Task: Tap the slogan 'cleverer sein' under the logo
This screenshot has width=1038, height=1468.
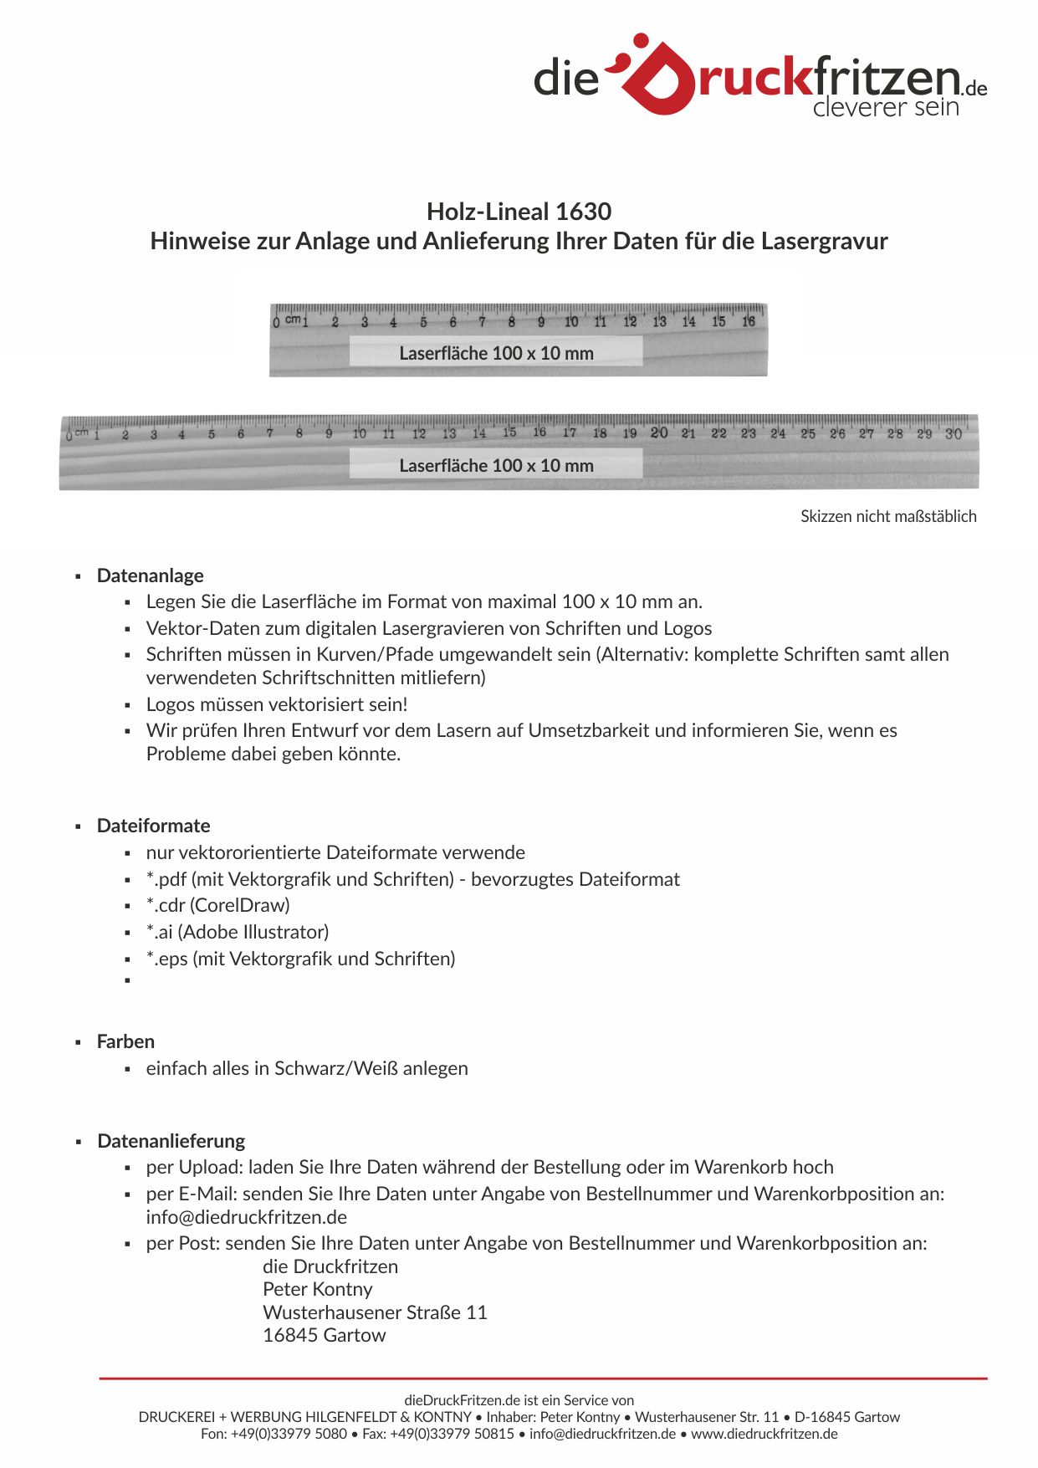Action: pyautogui.click(x=885, y=107)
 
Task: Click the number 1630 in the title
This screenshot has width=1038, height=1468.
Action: pyautogui.click(x=583, y=212)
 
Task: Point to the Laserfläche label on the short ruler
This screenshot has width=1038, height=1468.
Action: pyautogui.click(x=496, y=353)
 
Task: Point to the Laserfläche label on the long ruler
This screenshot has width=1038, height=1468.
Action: pyautogui.click(x=496, y=465)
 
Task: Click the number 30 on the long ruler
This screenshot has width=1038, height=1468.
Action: pyautogui.click(x=954, y=434)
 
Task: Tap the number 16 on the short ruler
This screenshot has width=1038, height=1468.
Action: pyautogui.click(x=749, y=321)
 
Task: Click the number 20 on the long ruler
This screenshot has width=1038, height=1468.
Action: pyautogui.click(x=659, y=432)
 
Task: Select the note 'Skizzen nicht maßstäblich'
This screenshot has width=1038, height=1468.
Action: pyautogui.click(x=888, y=516)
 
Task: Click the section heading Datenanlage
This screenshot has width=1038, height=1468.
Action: pyautogui.click(x=151, y=575)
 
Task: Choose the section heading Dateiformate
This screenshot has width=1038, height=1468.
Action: pyautogui.click(x=154, y=826)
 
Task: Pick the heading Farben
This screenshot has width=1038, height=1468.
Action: pyautogui.click(x=126, y=1041)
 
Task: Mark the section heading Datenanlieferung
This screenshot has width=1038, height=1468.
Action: pyautogui.click(x=171, y=1141)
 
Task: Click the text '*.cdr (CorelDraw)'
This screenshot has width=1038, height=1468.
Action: pyautogui.click(x=218, y=905)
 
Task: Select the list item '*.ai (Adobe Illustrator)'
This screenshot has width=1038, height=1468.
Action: pyautogui.click(x=238, y=932)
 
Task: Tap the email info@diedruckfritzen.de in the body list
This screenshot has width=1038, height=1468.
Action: pyautogui.click(x=247, y=1217)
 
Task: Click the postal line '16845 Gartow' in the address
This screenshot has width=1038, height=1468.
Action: pyautogui.click(x=325, y=1335)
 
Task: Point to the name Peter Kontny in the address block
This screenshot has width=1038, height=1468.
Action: pyautogui.click(x=318, y=1289)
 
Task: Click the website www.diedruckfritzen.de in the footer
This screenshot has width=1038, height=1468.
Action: pyautogui.click(x=764, y=1434)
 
